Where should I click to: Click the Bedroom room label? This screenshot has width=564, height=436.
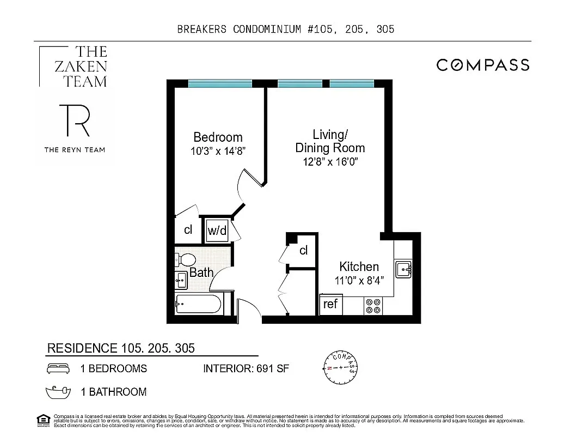tap(218, 137)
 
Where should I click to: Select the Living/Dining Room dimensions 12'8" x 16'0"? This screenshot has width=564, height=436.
tap(330, 162)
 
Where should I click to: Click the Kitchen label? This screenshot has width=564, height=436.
tap(359, 267)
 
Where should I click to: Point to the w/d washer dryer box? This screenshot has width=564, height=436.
tap(217, 231)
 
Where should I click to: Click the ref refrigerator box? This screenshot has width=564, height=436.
tap(330, 304)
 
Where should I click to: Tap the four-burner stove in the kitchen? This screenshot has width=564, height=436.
tap(373, 306)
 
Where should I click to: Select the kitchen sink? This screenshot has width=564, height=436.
tap(403, 269)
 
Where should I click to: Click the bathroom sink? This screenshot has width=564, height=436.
tap(181, 280)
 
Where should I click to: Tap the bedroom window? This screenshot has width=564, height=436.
tap(219, 83)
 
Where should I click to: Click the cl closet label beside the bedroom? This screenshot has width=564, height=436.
tap(188, 229)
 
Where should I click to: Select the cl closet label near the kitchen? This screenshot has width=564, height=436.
tap(303, 250)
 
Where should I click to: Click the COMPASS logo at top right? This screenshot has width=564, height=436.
tap(483, 65)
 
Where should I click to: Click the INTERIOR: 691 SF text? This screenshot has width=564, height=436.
tap(246, 369)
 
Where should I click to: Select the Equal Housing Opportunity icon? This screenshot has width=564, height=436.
tap(42, 419)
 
